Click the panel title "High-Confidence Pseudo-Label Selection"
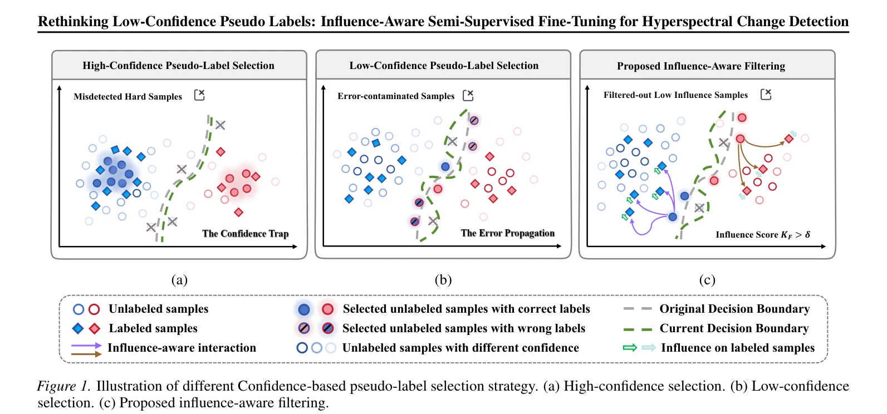(178, 65)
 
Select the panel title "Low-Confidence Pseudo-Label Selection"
(443, 65)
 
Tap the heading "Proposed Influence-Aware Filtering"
(701, 66)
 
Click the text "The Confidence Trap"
(245, 234)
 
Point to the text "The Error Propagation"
(508, 233)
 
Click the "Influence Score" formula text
(763, 235)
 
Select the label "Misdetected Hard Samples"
(128, 97)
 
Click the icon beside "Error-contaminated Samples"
(468, 95)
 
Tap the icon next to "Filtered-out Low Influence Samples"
(766, 94)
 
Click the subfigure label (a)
(179, 280)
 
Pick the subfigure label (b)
(443, 280)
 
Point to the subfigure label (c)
(707, 280)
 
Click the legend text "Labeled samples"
(153, 328)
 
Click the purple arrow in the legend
(86, 346)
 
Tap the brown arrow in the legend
(86, 354)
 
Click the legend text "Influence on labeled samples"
(738, 348)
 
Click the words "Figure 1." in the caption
(63, 386)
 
